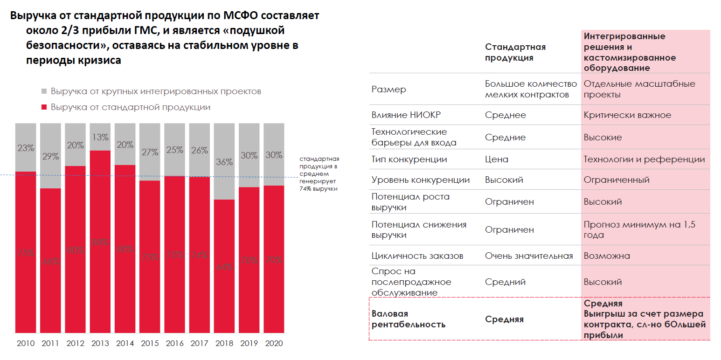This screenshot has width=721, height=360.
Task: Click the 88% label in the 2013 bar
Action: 100,242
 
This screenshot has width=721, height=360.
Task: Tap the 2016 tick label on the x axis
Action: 174,344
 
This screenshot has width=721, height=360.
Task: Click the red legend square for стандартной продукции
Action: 44,107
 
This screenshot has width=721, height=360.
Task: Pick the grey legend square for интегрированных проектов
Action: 44,91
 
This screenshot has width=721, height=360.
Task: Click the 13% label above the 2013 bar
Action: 100,137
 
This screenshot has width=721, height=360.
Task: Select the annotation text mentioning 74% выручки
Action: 319,174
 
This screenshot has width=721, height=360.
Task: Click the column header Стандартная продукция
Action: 515,52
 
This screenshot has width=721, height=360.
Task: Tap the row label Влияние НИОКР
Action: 402,115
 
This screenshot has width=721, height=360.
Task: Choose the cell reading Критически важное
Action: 627,115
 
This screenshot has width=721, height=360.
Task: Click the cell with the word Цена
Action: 496,159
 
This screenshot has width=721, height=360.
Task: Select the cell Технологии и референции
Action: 644,159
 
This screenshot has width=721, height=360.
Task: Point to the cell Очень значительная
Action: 528,256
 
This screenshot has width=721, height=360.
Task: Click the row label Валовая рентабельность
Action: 408,319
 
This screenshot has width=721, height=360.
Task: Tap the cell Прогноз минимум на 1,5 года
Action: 639,229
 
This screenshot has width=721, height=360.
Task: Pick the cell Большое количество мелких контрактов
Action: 531,89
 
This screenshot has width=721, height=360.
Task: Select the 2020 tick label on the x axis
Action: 273,344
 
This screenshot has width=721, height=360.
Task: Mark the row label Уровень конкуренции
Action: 420,180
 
